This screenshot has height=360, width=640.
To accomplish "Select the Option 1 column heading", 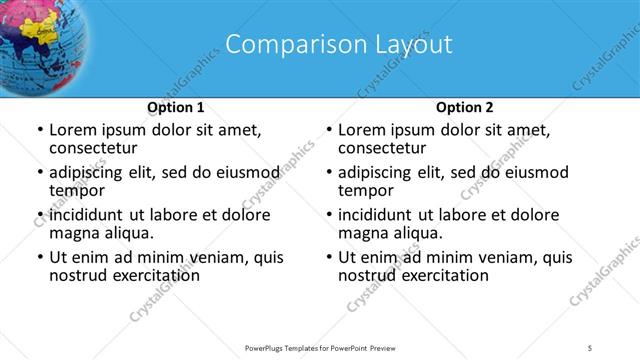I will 176,107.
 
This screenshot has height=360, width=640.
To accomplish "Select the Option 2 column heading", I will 465,107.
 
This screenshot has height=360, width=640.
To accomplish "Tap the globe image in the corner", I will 40,40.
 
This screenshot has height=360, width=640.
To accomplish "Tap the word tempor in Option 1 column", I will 74,191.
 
